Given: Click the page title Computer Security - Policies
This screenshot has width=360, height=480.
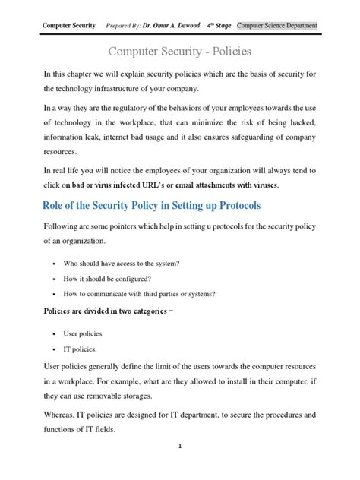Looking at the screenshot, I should tap(179, 52).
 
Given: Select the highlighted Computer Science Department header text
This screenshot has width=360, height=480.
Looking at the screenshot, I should tap(276, 25).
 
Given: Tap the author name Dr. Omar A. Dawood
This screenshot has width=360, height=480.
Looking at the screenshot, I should tap(171, 25).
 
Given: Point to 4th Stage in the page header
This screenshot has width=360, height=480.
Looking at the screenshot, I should tap(219, 25).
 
